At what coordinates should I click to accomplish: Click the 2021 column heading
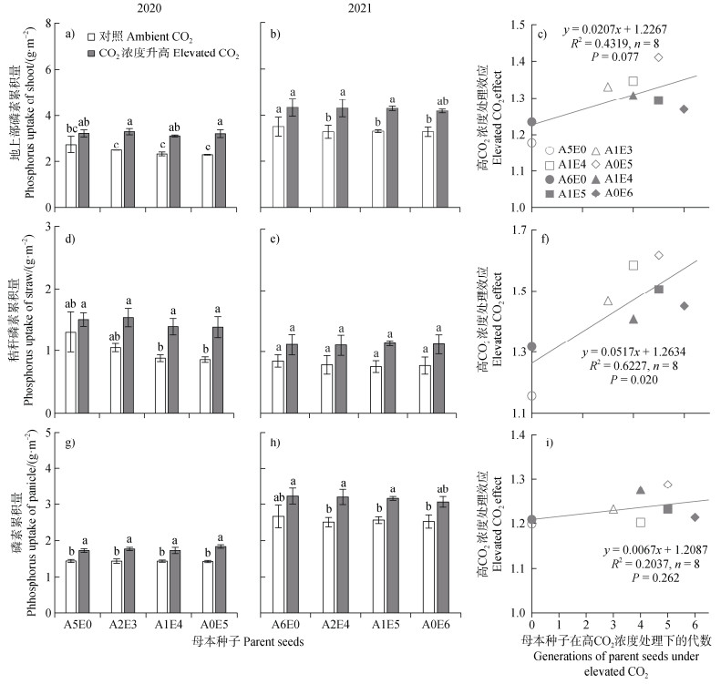coord(366,7)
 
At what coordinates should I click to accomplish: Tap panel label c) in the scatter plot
coord(542,35)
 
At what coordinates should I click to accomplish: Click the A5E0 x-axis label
coord(77,623)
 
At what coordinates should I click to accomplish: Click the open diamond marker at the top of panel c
coord(658,57)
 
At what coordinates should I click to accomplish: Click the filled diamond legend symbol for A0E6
coord(606,194)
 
